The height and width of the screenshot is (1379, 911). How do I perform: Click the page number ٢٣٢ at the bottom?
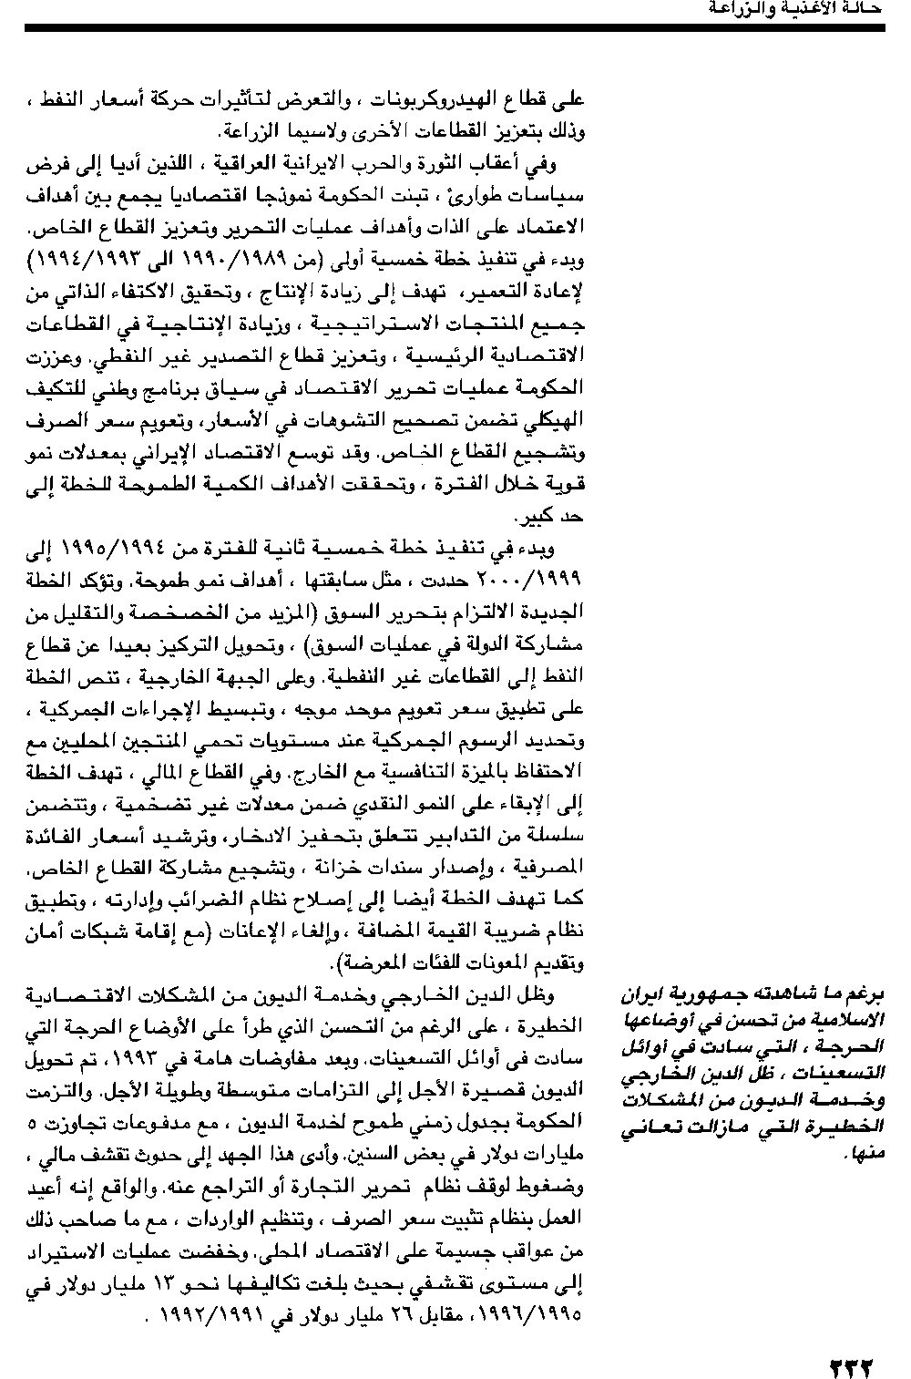point(852,1364)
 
